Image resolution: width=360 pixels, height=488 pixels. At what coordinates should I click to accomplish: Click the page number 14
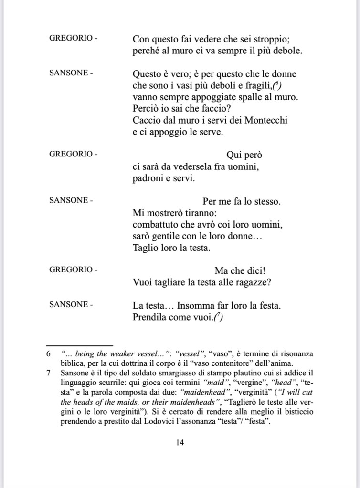pyautogui.click(x=180, y=442)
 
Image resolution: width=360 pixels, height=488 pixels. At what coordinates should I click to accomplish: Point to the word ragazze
pyautogui.click(x=253, y=282)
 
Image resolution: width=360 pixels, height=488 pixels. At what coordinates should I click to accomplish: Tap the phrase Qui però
pyautogui.click(x=244, y=156)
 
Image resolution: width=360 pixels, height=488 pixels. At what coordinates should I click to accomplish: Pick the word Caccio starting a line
pyautogui.click(x=145, y=121)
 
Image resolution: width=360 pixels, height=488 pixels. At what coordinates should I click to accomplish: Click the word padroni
pyautogui.click(x=148, y=179)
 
